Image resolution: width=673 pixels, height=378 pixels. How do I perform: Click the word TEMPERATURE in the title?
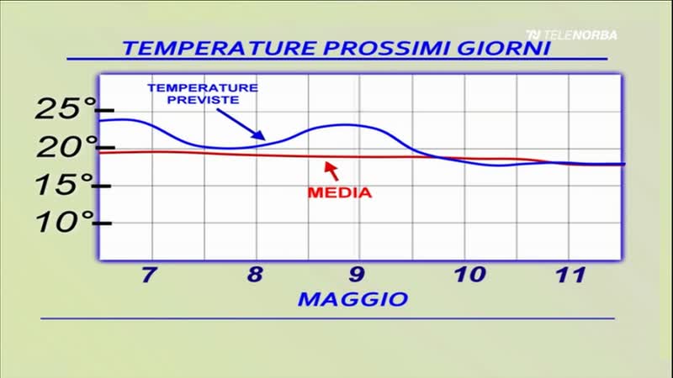pyautogui.click(x=220, y=48)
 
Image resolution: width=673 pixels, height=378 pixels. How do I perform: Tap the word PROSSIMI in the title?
pyautogui.click(x=387, y=48)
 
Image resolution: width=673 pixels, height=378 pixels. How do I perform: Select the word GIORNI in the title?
pyautogui.click(x=503, y=48)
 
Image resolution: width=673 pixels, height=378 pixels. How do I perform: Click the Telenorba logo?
pyautogui.click(x=572, y=35)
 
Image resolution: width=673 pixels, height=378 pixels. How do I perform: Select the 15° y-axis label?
pyautogui.click(x=65, y=185)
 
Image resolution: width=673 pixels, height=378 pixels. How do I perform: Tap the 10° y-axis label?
pyautogui.click(x=65, y=222)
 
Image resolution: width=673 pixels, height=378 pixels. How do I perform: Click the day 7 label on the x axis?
pyautogui.click(x=149, y=275)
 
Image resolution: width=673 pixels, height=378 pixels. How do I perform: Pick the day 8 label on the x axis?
pyautogui.click(x=255, y=275)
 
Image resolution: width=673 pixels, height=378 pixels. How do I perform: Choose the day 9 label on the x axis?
pyautogui.click(x=357, y=275)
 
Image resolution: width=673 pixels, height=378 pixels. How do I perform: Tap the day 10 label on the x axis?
pyautogui.click(x=470, y=275)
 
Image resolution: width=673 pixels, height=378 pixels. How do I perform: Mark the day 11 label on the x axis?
pyautogui.click(x=571, y=275)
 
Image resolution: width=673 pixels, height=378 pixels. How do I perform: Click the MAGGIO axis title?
pyautogui.click(x=352, y=299)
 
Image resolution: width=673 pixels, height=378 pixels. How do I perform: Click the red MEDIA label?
pyautogui.click(x=340, y=192)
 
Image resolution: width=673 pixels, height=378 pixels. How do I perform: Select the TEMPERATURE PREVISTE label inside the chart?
pyautogui.click(x=203, y=94)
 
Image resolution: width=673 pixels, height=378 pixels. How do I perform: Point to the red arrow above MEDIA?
pyautogui.click(x=331, y=171)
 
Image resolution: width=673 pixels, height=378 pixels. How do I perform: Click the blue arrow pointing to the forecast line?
pyautogui.click(x=241, y=124)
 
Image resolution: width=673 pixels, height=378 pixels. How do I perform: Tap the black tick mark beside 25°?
pyautogui.click(x=105, y=111)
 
